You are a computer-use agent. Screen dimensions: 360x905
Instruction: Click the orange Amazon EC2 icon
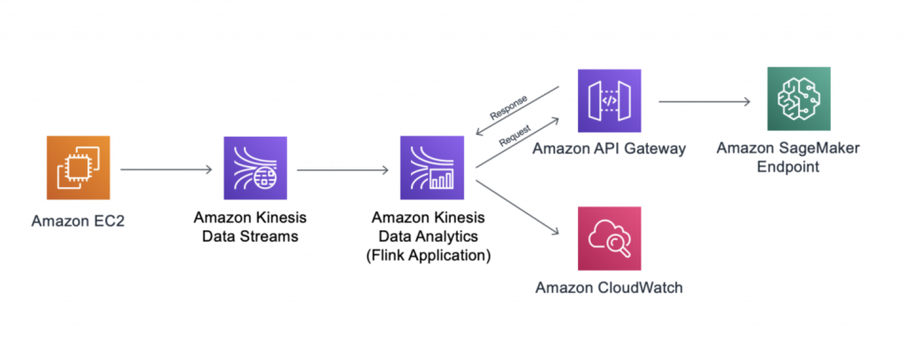78,168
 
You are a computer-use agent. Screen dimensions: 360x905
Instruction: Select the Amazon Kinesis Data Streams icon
255,168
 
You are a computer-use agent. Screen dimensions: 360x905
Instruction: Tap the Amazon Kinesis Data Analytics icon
432,168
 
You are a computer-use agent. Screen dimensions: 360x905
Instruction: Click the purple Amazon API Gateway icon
609,101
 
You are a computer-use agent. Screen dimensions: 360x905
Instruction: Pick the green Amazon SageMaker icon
798,99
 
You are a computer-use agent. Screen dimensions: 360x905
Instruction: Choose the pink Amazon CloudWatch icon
609,238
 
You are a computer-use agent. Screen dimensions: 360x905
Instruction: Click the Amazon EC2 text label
78,221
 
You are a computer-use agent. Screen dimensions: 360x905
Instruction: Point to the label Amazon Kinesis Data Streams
250,227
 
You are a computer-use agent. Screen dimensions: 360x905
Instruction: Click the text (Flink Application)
428,255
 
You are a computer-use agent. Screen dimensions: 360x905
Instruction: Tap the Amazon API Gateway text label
609,148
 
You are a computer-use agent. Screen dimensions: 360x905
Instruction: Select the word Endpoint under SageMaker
788,167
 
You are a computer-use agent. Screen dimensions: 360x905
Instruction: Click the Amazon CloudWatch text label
609,288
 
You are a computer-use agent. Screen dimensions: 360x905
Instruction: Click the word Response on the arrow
508,107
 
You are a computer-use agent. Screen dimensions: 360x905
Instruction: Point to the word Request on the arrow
515,136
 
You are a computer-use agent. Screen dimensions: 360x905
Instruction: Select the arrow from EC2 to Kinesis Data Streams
167,169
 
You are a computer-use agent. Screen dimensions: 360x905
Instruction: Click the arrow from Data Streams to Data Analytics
343,169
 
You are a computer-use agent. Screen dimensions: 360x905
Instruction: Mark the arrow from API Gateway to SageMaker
704,102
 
